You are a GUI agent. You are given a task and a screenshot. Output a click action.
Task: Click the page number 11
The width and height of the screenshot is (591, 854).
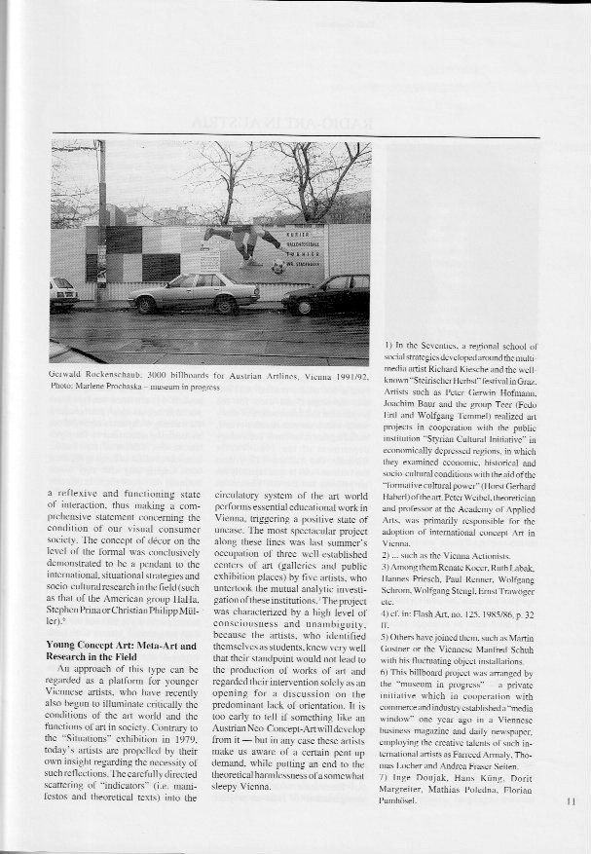tap(572, 803)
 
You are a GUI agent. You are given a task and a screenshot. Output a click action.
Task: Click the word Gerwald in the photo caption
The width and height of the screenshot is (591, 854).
tap(67, 375)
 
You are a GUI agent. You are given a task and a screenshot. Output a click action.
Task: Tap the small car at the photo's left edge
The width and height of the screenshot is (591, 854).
tap(63, 293)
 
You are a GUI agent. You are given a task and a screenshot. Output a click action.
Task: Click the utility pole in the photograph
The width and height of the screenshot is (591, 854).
tap(101, 224)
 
